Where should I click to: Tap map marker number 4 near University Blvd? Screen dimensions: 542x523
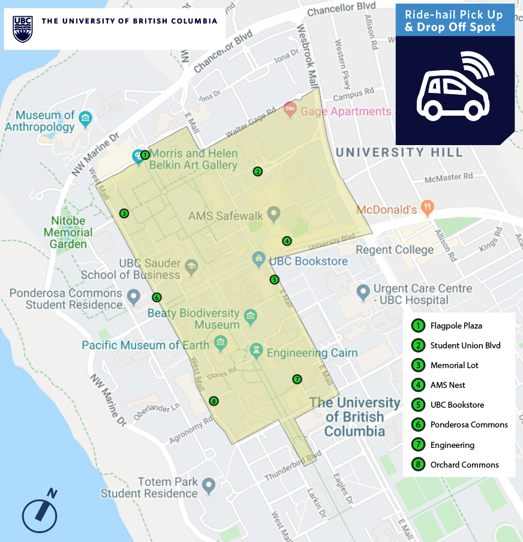point(287,241)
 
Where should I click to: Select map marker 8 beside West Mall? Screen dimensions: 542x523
point(214,401)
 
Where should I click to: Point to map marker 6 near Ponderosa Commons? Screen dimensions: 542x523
point(157,297)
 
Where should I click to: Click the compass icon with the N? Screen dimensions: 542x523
point(40,512)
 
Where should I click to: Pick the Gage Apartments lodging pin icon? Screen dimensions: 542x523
point(290,110)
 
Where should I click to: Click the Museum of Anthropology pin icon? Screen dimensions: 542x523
point(85,117)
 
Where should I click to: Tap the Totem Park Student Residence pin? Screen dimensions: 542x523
point(208,484)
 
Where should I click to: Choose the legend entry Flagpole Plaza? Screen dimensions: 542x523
point(456,326)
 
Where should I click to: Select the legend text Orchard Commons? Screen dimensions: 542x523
point(464,465)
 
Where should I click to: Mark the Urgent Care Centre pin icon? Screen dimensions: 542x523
point(362,293)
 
